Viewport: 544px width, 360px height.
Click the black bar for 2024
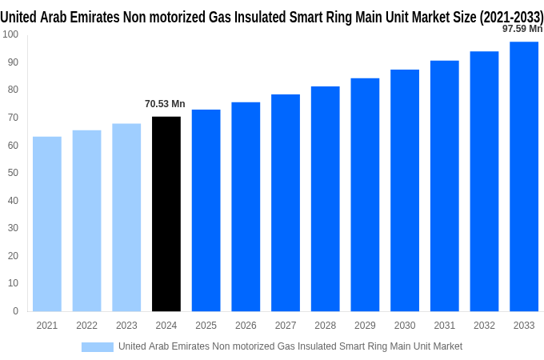click(166, 214)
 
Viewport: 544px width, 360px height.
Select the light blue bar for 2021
click(47, 224)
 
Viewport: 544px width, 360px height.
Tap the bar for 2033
click(524, 176)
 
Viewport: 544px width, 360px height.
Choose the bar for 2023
click(126, 217)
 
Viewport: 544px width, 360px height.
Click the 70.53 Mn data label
click(165, 104)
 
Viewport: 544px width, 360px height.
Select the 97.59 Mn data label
click(522, 29)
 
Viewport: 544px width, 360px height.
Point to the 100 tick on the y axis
click(10, 34)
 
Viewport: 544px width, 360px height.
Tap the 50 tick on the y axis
click(13, 173)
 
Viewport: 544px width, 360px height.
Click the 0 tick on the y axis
click(15, 311)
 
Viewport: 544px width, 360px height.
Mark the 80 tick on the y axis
click(13, 90)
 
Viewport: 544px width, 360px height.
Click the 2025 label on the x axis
click(206, 326)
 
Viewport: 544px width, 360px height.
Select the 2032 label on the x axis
click(484, 326)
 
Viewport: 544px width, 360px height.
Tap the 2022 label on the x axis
click(86, 326)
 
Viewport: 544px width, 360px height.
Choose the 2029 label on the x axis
click(365, 326)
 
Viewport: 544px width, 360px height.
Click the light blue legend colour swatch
click(98, 346)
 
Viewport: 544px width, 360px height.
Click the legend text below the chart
click(290, 346)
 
